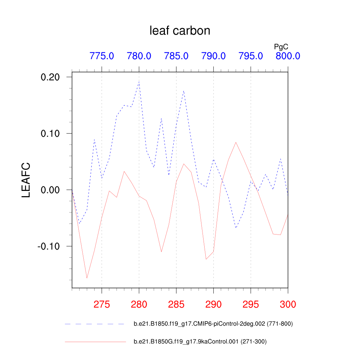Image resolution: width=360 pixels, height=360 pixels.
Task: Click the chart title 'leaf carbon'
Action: [x=180, y=31]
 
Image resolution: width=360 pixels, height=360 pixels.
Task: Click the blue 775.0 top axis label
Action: [x=102, y=56]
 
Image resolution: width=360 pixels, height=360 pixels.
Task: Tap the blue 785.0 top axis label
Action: [x=176, y=56]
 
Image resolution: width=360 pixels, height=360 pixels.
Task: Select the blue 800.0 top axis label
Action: [x=288, y=56]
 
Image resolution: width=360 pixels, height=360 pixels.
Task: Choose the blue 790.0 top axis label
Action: [x=213, y=56]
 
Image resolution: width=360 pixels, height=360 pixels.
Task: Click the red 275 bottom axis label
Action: [x=102, y=304]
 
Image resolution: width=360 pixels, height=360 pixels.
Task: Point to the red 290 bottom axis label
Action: [x=213, y=304]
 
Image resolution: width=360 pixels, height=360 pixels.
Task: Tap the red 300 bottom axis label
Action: [x=288, y=304]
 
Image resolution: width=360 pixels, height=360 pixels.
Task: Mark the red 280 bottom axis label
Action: [x=139, y=304]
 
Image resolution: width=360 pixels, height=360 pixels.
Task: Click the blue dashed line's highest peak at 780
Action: [x=139, y=82]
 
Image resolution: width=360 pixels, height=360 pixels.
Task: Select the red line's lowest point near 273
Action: [x=87, y=278]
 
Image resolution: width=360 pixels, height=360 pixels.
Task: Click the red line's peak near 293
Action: [x=236, y=142]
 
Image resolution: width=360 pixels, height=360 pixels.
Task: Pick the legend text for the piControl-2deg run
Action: [x=213, y=324]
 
